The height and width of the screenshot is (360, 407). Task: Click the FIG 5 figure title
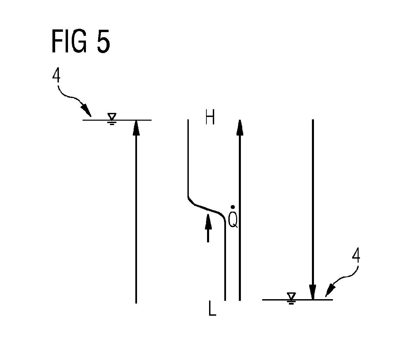[81, 41]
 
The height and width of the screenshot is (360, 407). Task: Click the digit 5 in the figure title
[104, 41]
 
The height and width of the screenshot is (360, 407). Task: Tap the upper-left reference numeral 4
[56, 75]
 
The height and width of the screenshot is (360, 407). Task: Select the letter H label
[210, 117]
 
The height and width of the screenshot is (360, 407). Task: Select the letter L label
[212, 308]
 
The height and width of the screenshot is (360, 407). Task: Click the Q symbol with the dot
[233, 217]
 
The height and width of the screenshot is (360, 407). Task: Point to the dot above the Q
[233, 207]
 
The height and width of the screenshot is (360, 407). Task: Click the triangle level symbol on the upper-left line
[112, 119]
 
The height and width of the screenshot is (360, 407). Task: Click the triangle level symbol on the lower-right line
[291, 298]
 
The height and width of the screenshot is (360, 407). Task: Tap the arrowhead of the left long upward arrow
[136, 128]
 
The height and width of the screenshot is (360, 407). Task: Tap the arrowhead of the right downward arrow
[313, 292]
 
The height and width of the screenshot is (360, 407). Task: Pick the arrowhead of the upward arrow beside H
[240, 127]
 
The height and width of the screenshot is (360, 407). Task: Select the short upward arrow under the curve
[208, 228]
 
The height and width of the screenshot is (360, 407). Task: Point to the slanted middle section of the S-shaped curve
[207, 209]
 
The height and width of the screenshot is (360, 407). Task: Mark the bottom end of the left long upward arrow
[136, 303]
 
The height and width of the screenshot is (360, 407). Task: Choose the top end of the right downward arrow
[313, 120]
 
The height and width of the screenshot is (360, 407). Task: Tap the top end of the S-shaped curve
[188, 120]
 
